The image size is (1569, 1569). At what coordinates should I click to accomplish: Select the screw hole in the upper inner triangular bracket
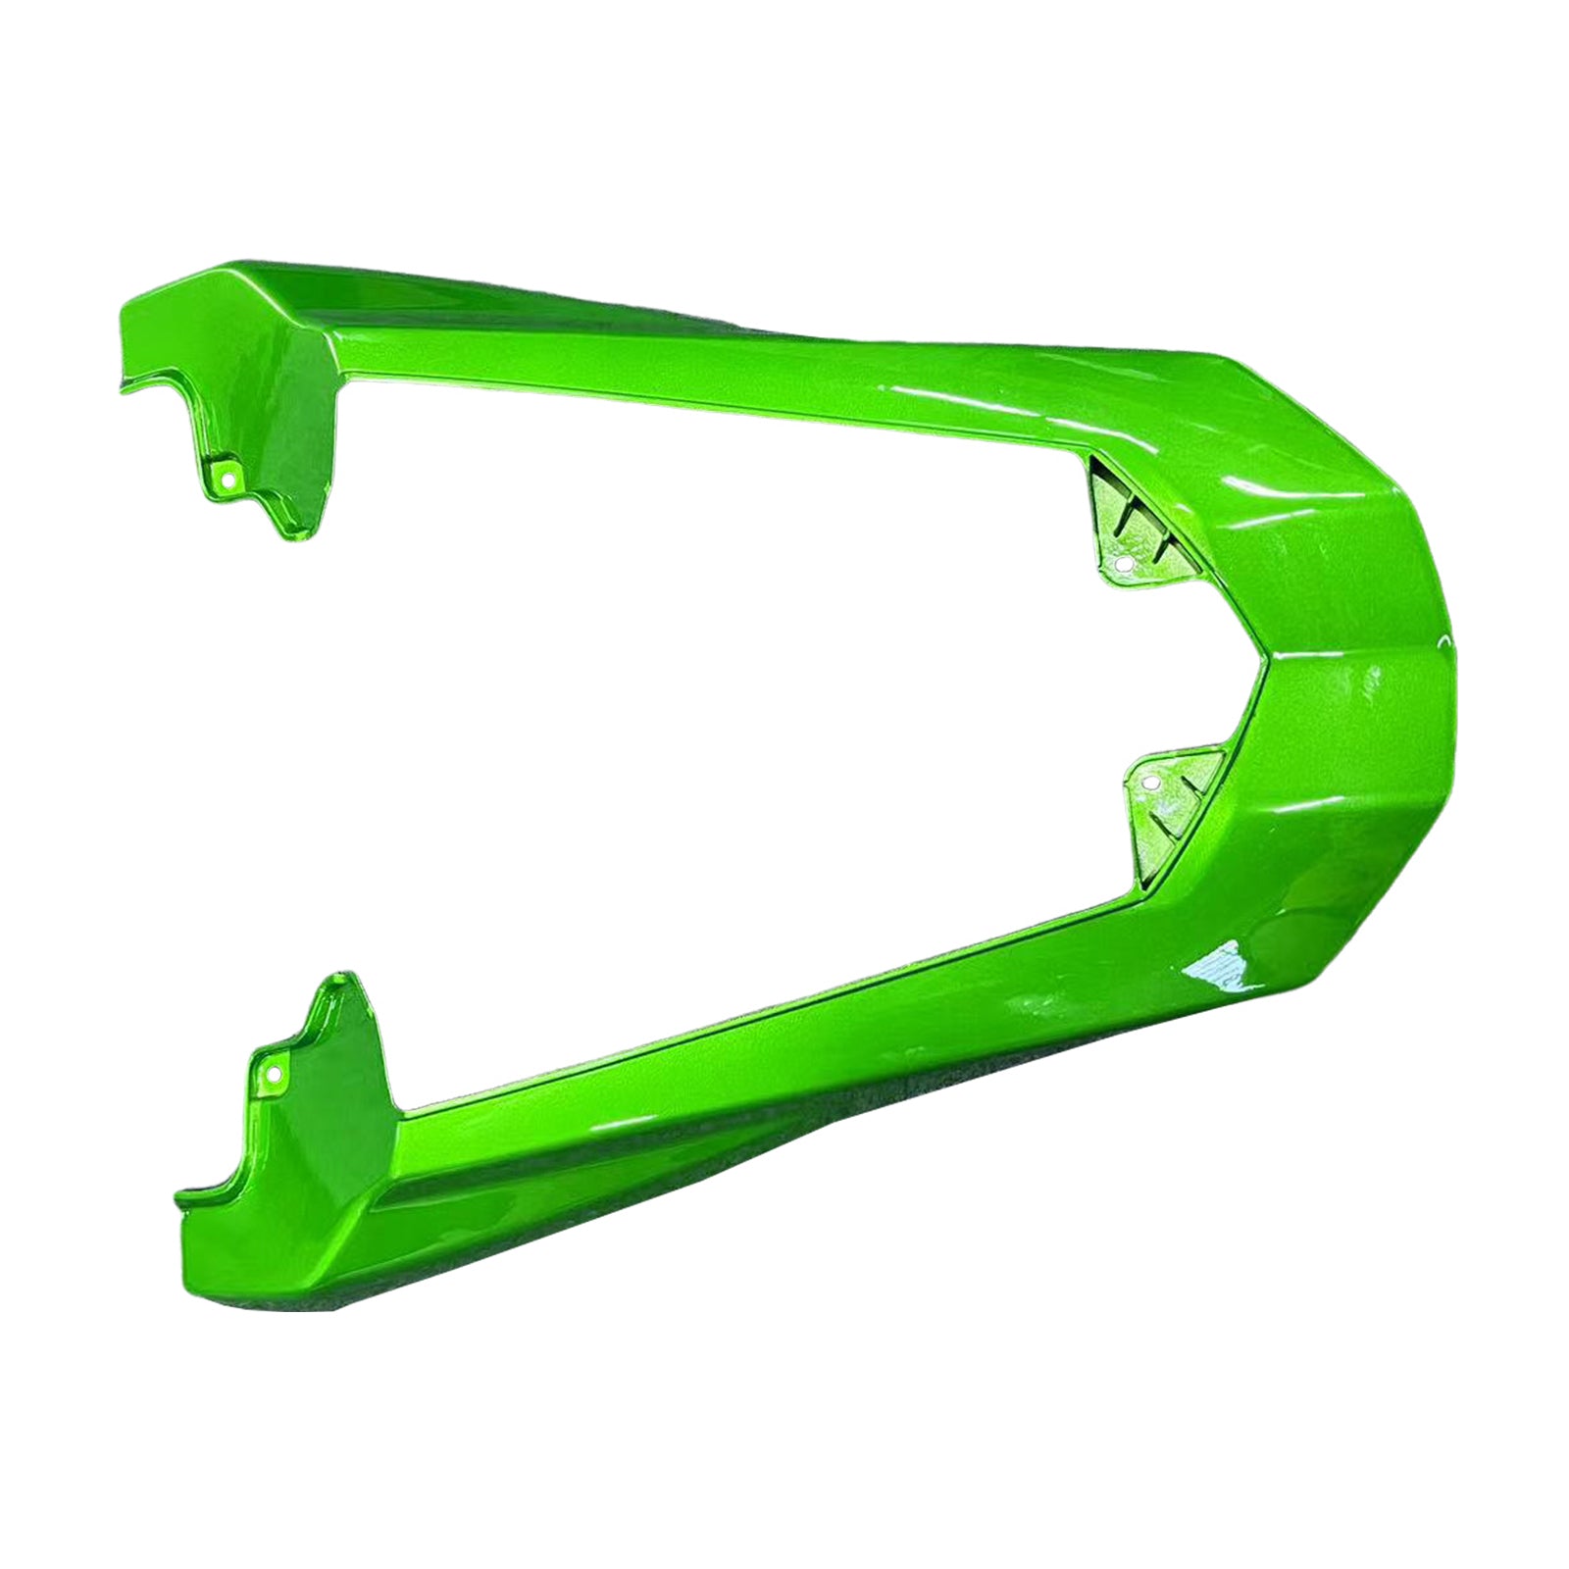1124,565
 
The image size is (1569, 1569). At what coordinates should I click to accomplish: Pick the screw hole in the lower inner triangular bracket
1148,783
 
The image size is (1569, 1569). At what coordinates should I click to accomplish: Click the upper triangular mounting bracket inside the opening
1128,530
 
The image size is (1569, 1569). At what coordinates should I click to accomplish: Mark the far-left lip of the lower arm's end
179,1197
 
